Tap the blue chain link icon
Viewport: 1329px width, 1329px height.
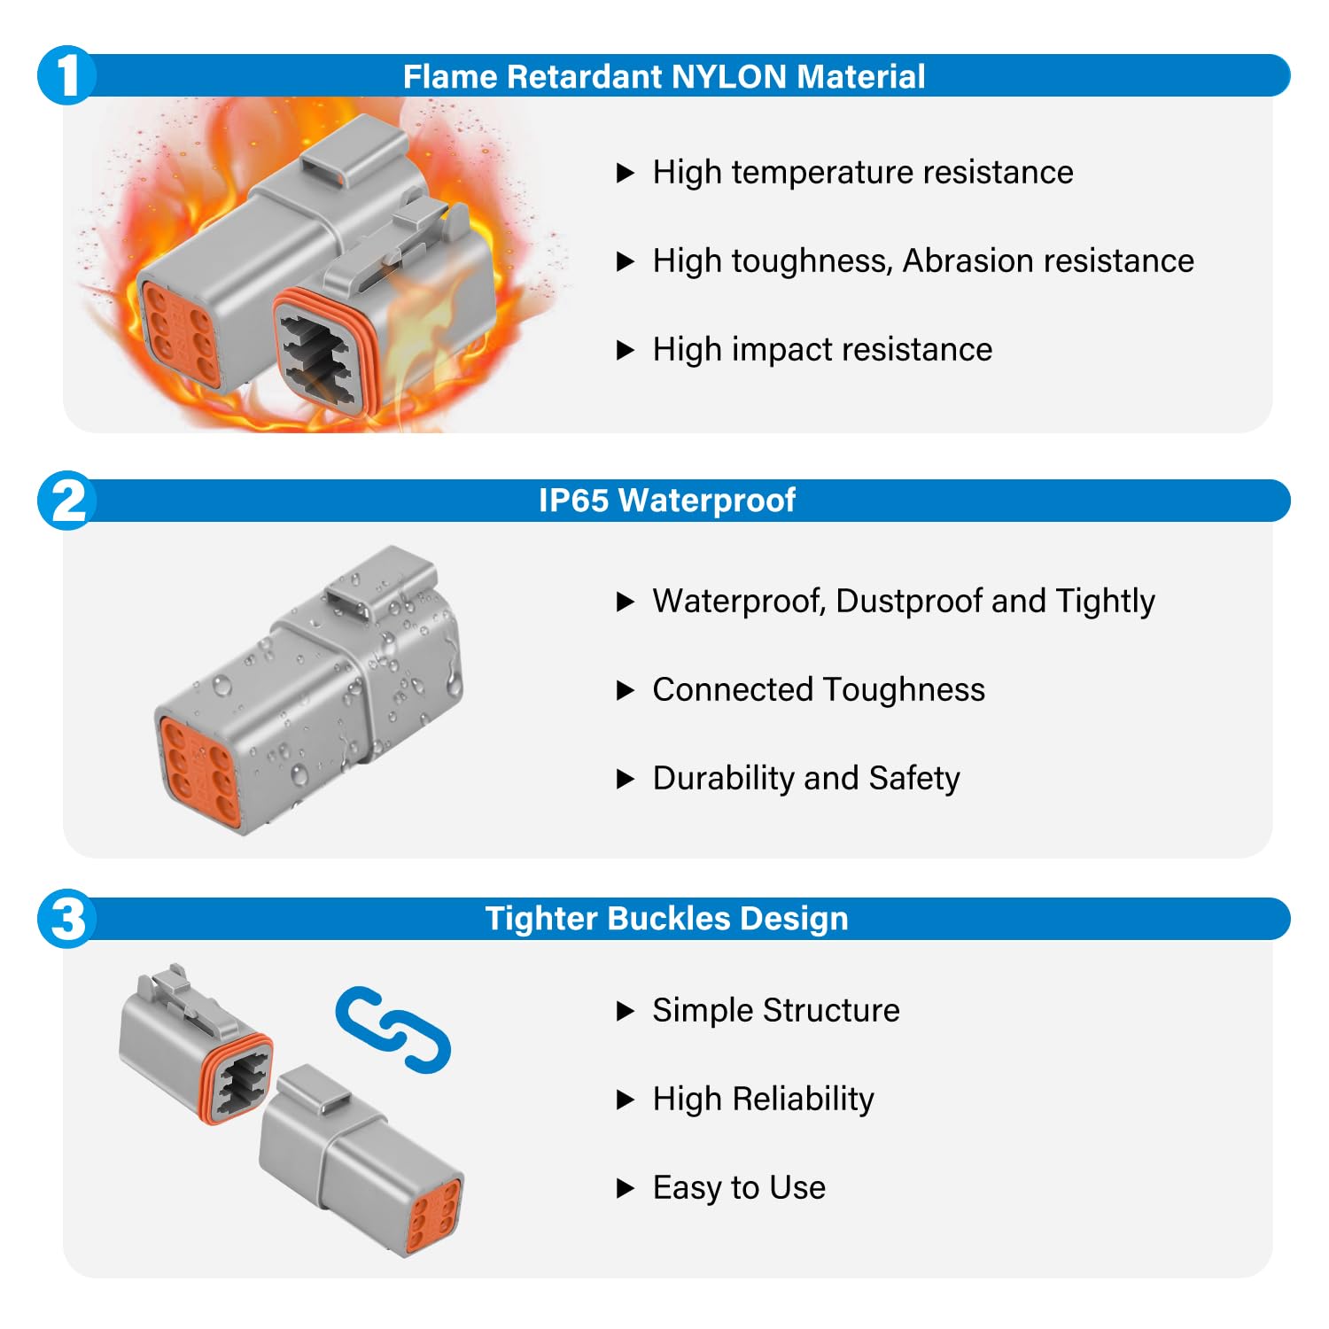(x=393, y=1029)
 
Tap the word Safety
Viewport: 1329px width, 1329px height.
(x=914, y=779)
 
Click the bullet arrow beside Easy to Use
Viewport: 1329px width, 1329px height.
(x=626, y=1188)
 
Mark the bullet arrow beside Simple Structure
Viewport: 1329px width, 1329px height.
(x=626, y=1011)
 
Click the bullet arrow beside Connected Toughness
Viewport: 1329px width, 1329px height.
(x=626, y=690)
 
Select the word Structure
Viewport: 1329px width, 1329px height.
(x=831, y=1011)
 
